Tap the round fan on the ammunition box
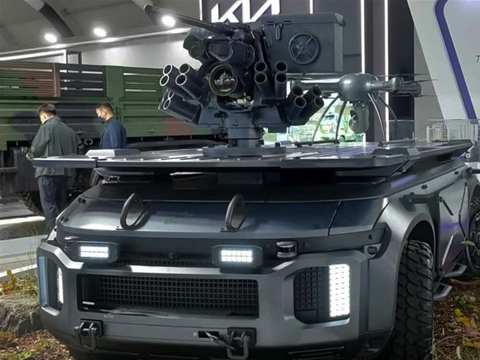pos(304,49)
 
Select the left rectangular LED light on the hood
pos(95,252)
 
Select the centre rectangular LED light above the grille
pos(237,256)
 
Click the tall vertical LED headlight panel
pos(339,290)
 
